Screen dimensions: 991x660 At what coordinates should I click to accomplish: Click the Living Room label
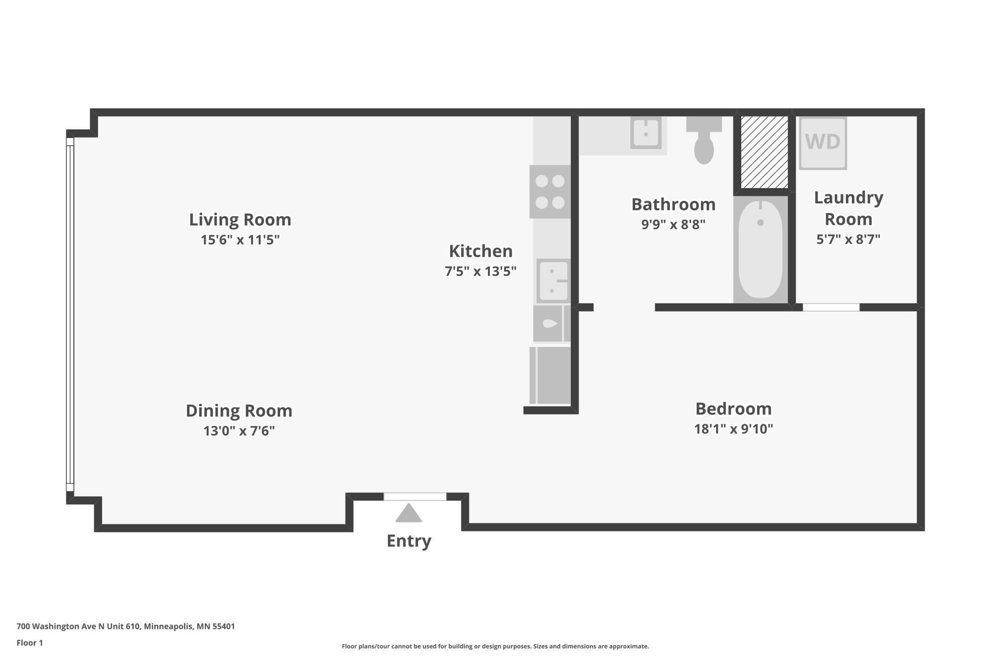[240, 220]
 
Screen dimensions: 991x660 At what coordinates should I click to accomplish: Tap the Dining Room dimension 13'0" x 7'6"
[239, 430]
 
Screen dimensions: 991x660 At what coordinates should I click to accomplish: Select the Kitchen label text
[481, 251]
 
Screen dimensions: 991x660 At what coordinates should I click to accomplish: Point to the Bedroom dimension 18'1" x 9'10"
[733, 429]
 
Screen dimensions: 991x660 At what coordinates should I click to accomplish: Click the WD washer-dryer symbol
[823, 143]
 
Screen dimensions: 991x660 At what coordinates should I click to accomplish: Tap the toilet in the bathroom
[704, 140]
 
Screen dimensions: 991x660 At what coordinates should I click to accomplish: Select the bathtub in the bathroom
[760, 249]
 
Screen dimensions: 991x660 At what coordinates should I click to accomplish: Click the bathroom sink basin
[646, 133]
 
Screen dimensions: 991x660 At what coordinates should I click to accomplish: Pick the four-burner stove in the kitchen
[550, 192]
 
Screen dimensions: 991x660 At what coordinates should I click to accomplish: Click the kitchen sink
[553, 281]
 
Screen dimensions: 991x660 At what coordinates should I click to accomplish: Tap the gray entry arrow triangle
[409, 513]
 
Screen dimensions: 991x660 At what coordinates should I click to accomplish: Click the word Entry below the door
[409, 541]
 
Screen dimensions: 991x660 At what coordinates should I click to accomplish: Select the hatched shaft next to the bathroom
[764, 152]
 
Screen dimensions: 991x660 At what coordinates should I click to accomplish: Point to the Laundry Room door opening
[831, 308]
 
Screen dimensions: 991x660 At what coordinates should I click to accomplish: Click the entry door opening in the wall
[415, 497]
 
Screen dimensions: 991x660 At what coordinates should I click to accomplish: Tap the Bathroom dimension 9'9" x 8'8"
[673, 224]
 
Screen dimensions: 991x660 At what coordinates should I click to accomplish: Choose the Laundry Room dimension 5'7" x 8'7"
[848, 239]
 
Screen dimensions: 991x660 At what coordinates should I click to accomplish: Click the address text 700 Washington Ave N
[61, 626]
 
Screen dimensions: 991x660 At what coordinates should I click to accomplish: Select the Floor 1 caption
[30, 643]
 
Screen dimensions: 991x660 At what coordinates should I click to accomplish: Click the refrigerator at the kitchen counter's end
[550, 375]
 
